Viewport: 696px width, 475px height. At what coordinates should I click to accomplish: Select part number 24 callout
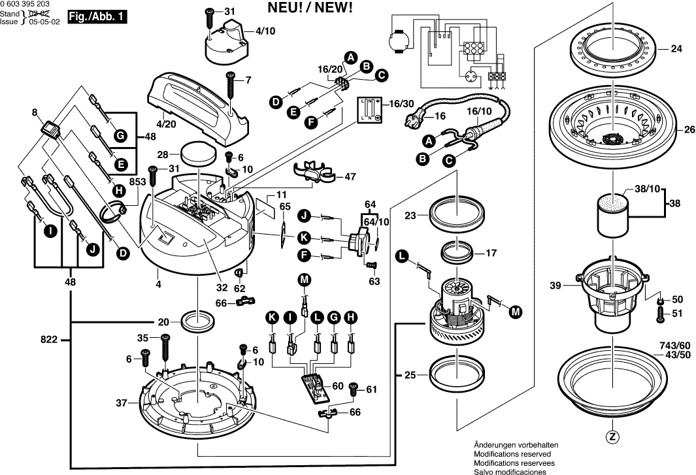click(x=676, y=49)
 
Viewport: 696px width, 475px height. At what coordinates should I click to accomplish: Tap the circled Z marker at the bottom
click(x=612, y=437)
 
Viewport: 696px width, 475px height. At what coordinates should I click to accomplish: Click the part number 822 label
click(x=49, y=340)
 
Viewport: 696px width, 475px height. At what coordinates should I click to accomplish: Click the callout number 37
click(x=122, y=403)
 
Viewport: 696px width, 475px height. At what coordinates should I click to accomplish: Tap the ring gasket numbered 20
click(x=197, y=321)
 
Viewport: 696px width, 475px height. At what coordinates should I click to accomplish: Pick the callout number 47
click(x=350, y=176)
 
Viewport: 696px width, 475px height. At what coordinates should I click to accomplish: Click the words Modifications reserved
click(x=512, y=453)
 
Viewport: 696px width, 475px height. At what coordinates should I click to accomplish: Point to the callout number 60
click(x=337, y=385)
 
